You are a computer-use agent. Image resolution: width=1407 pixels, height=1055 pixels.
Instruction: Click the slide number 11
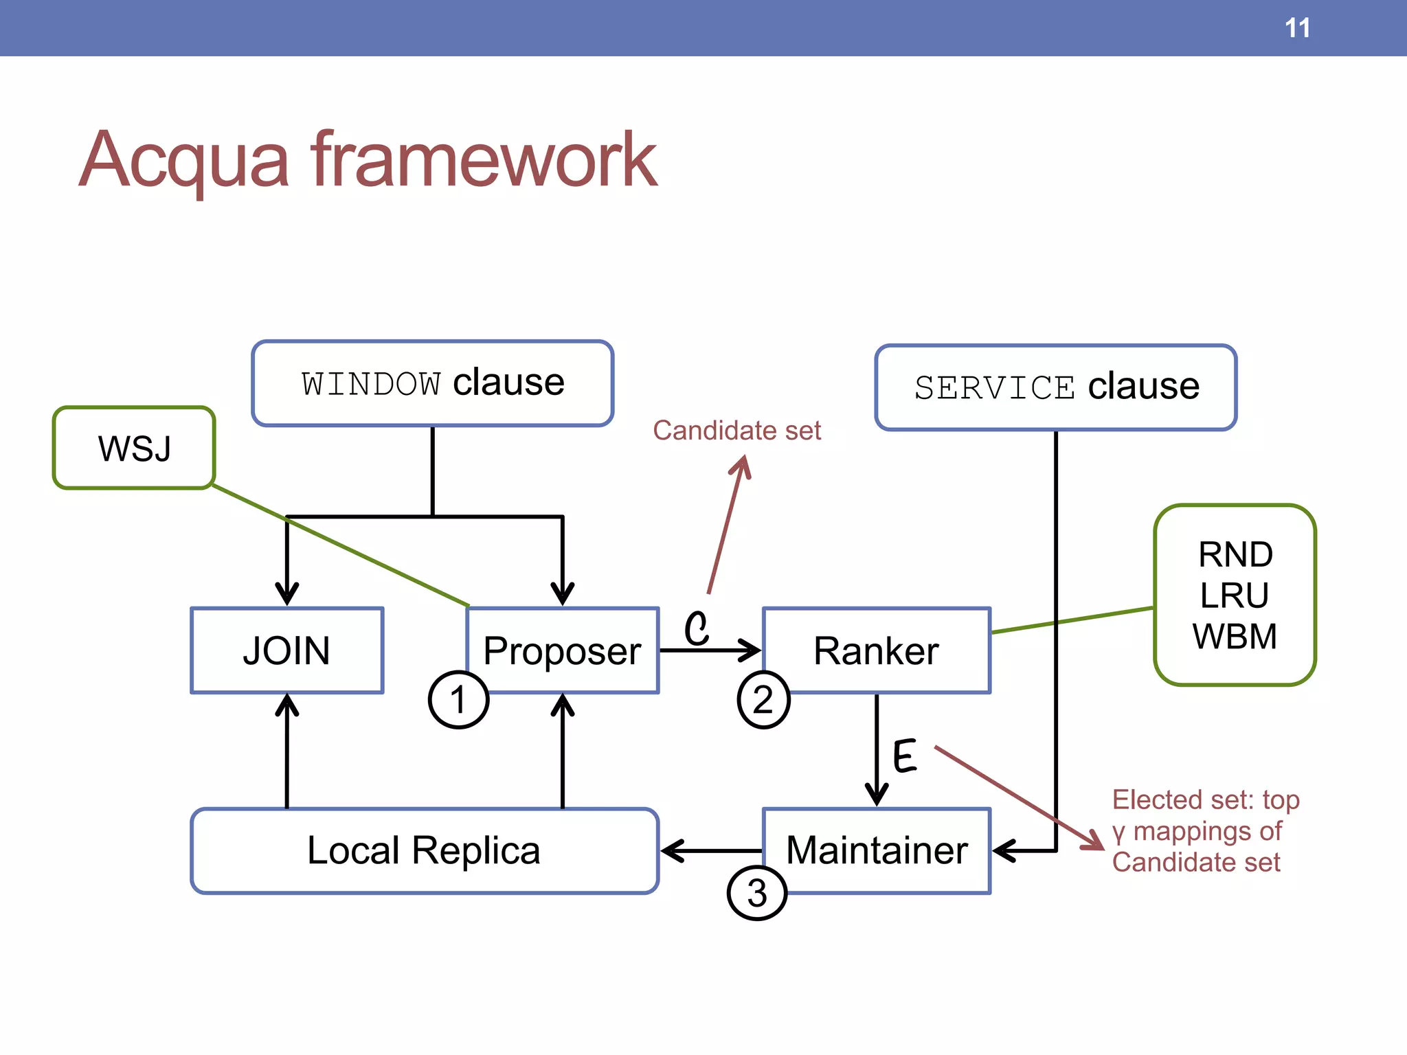pyautogui.click(x=1297, y=28)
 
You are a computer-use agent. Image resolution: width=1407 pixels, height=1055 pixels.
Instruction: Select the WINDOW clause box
pyautogui.click(x=432, y=383)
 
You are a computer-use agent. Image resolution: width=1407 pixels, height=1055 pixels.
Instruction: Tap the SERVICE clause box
pyautogui.click(x=1055, y=387)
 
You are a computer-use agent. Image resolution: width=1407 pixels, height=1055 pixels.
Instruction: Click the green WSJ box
pyautogui.click(x=134, y=448)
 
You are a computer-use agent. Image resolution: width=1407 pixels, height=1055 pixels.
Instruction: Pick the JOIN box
pyautogui.click(x=286, y=650)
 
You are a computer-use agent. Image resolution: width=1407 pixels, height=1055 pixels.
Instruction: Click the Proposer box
pyautogui.click(x=562, y=650)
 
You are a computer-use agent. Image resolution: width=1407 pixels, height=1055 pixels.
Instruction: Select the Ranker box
pyautogui.click(x=876, y=650)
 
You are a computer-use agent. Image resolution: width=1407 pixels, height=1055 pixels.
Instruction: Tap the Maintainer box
pyautogui.click(x=876, y=850)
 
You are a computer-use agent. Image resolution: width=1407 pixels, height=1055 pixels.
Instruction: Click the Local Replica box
pyautogui.click(x=424, y=850)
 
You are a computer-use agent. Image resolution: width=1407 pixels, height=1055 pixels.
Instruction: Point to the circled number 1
pyautogui.click(x=458, y=700)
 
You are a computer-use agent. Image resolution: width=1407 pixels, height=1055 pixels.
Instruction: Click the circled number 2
pyautogui.click(x=763, y=700)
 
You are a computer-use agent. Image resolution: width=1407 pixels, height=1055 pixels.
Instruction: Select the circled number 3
pyautogui.click(x=756, y=893)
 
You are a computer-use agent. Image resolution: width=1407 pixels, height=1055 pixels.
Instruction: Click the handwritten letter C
pyautogui.click(x=696, y=628)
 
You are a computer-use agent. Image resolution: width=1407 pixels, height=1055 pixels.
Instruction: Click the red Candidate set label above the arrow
pyautogui.click(x=736, y=431)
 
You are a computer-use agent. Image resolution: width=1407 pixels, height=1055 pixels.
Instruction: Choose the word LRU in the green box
pyautogui.click(x=1234, y=595)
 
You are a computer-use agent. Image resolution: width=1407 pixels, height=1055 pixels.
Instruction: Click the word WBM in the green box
pyautogui.click(x=1234, y=636)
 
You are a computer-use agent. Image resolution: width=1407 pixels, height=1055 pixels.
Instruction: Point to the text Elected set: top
pyautogui.click(x=1206, y=799)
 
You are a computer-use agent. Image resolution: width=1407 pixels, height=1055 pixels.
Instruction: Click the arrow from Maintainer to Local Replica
pyautogui.click(x=711, y=850)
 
